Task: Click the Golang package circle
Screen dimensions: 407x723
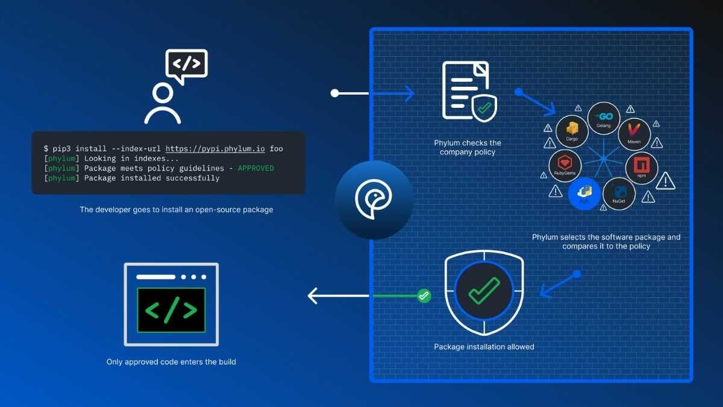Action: (604, 119)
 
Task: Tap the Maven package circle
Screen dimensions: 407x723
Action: (634, 134)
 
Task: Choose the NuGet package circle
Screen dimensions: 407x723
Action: (619, 194)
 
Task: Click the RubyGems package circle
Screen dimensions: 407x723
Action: (565, 166)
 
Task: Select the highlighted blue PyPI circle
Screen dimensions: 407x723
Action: (584, 194)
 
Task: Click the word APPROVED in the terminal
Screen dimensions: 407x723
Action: (255, 168)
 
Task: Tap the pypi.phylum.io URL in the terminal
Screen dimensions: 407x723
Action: (215, 148)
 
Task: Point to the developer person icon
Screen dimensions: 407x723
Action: (163, 104)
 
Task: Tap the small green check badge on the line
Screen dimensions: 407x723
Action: (424, 295)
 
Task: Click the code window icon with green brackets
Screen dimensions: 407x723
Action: (171, 304)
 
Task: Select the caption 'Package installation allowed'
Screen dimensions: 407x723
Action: (484, 347)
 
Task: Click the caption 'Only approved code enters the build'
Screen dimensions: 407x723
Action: (171, 362)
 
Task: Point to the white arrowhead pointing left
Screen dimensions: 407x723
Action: (313, 295)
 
